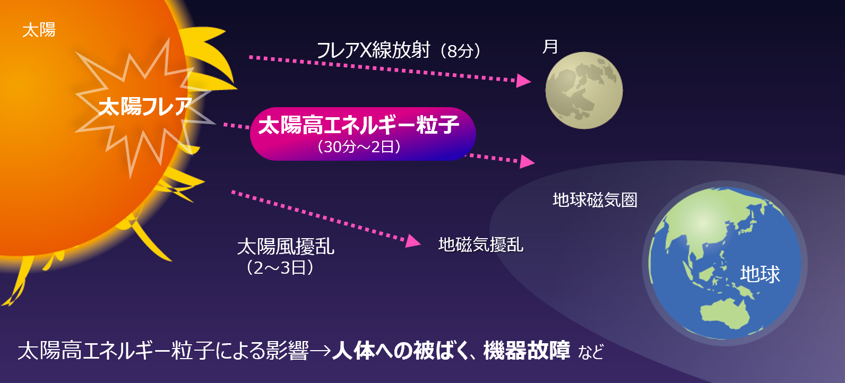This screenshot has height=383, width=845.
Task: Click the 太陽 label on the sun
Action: (39, 30)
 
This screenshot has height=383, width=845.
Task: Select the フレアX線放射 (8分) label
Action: (399, 50)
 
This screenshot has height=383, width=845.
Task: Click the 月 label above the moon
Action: (550, 47)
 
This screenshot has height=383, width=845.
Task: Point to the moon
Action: (584, 91)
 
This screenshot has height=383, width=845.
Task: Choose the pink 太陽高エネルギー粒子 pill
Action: (363, 134)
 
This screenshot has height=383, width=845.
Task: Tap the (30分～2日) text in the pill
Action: (359, 146)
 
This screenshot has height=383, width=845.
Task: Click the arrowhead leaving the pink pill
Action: (528, 161)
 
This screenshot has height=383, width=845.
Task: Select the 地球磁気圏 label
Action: (595, 200)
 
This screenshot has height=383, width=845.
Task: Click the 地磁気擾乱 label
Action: (481, 245)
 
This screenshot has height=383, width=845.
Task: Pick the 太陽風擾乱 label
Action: (286, 247)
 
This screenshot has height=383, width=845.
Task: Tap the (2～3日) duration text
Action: (280, 268)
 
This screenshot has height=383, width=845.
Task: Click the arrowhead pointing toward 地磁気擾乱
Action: (413, 241)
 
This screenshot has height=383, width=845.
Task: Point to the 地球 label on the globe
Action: (760, 274)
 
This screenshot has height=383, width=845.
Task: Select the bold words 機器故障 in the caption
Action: (527, 351)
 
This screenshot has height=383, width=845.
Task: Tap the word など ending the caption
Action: (591, 351)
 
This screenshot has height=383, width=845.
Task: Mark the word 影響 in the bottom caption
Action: (288, 351)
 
